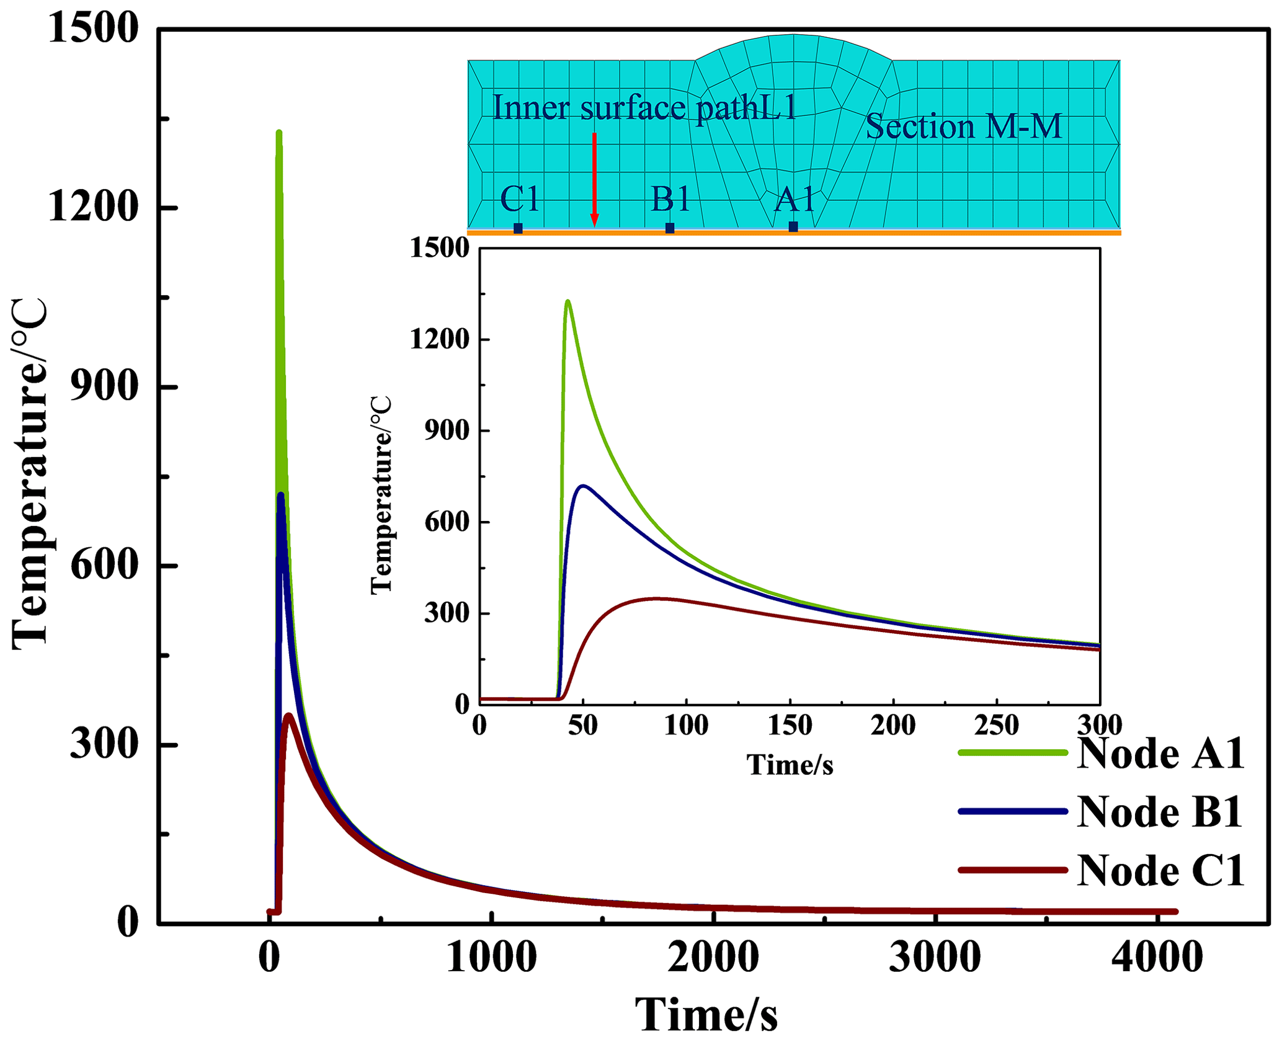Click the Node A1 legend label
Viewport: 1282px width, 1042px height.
(x=1160, y=754)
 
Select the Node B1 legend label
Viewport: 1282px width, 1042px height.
(x=1159, y=812)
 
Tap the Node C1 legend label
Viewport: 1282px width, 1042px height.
(x=1160, y=871)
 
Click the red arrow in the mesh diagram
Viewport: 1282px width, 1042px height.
(x=594, y=180)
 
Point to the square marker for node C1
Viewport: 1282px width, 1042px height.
(x=518, y=228)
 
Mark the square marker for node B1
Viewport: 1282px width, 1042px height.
(x=670, y=228)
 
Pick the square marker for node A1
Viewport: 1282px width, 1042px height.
(x=793, y=227)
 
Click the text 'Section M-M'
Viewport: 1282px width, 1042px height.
(x=963, y=127)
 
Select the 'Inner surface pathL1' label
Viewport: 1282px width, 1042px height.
(x=644, y=107)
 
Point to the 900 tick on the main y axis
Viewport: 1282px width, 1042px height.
(x=103, y=387)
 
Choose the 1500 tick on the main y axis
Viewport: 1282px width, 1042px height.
(x=92, y=29)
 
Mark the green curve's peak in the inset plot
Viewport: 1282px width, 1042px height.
(x=568, y=301)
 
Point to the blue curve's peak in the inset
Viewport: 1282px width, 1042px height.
(x=583, y=486)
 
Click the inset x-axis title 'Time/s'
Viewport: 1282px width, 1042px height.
(x=790, y=765)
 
